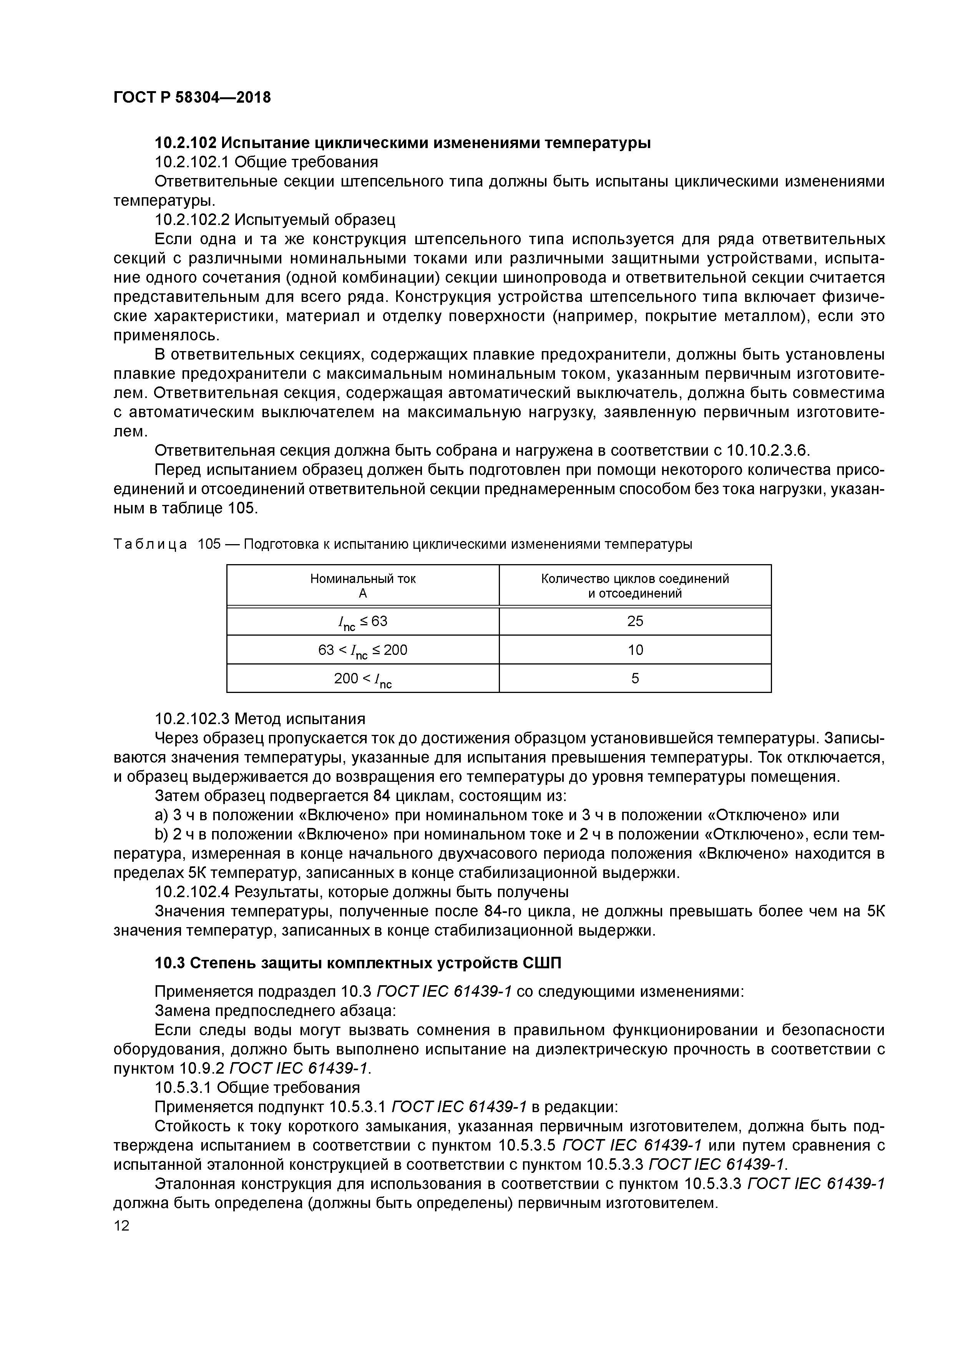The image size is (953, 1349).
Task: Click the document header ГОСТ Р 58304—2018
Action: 192,98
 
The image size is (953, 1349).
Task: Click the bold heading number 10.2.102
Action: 186,143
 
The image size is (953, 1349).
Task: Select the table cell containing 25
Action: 635,621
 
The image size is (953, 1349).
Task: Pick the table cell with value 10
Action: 635,650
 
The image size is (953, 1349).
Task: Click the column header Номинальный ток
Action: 362,579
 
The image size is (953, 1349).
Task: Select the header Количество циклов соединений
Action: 635,579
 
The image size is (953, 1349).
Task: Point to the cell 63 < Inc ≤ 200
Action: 362,650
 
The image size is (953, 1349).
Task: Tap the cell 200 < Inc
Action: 362,679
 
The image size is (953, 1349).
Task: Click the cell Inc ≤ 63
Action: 362,621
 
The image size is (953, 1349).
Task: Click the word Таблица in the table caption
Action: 150,544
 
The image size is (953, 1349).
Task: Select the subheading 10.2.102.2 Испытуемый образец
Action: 275,220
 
